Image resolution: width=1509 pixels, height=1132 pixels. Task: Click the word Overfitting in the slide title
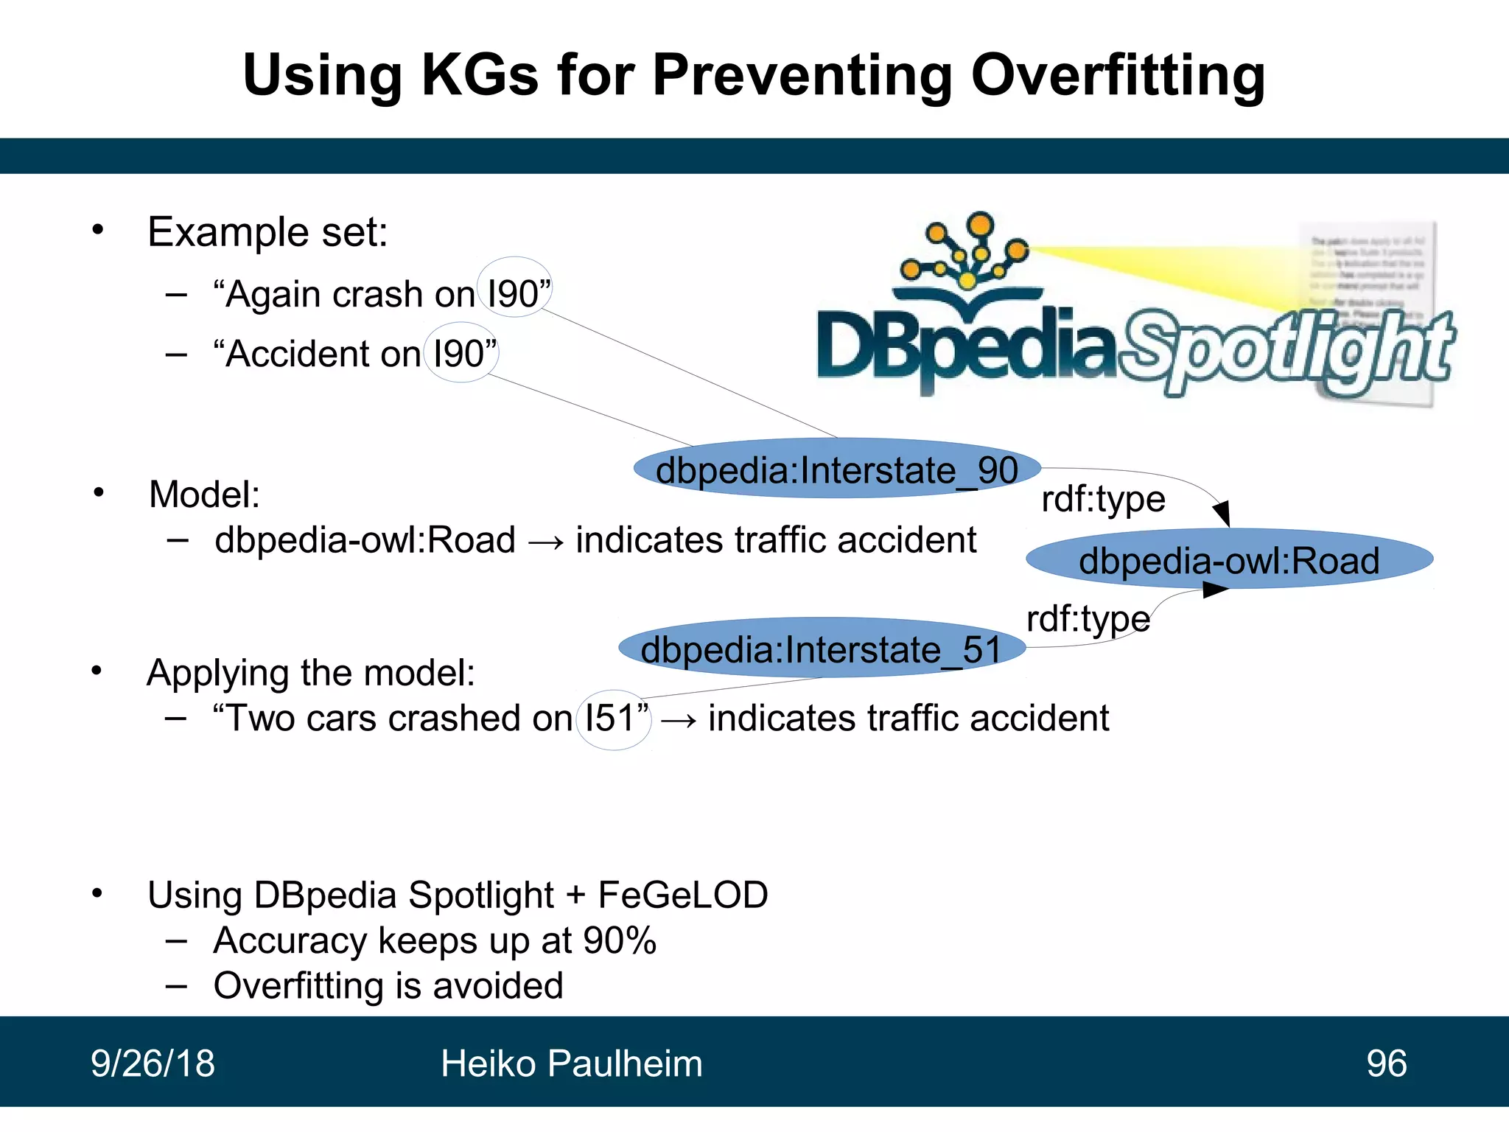(x=1118, y=76)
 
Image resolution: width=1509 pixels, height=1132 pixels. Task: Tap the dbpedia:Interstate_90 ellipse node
(x=837, y=469)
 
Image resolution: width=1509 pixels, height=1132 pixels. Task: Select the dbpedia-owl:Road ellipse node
(x=1229, y=560)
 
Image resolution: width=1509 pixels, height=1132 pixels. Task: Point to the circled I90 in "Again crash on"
(x=514, y=293)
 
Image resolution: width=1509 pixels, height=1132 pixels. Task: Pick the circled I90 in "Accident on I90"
(x=461, y=353)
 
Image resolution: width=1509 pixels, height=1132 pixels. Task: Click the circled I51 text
(x=613, y=718)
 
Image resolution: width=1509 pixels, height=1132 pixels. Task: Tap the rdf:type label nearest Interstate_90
(x=1103, y=499)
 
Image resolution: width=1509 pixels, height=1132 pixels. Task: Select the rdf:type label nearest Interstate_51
(x=1088, y=618)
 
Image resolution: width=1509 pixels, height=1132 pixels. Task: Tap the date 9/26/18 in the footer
(x=153, y=1063)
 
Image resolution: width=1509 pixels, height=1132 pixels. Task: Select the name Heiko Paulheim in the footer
(x=571, y=1063)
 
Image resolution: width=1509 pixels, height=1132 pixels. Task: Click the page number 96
(x=1386, y=1063)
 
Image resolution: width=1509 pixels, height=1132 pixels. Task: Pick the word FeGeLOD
(x=682, y=895)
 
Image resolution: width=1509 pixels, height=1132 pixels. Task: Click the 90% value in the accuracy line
(x=619, y=941)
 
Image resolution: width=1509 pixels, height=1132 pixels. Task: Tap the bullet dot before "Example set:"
(x=98, y=231)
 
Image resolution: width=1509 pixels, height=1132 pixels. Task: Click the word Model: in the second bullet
(x=204, y=494)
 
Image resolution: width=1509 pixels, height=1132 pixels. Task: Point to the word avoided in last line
(x=498, y=986)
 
